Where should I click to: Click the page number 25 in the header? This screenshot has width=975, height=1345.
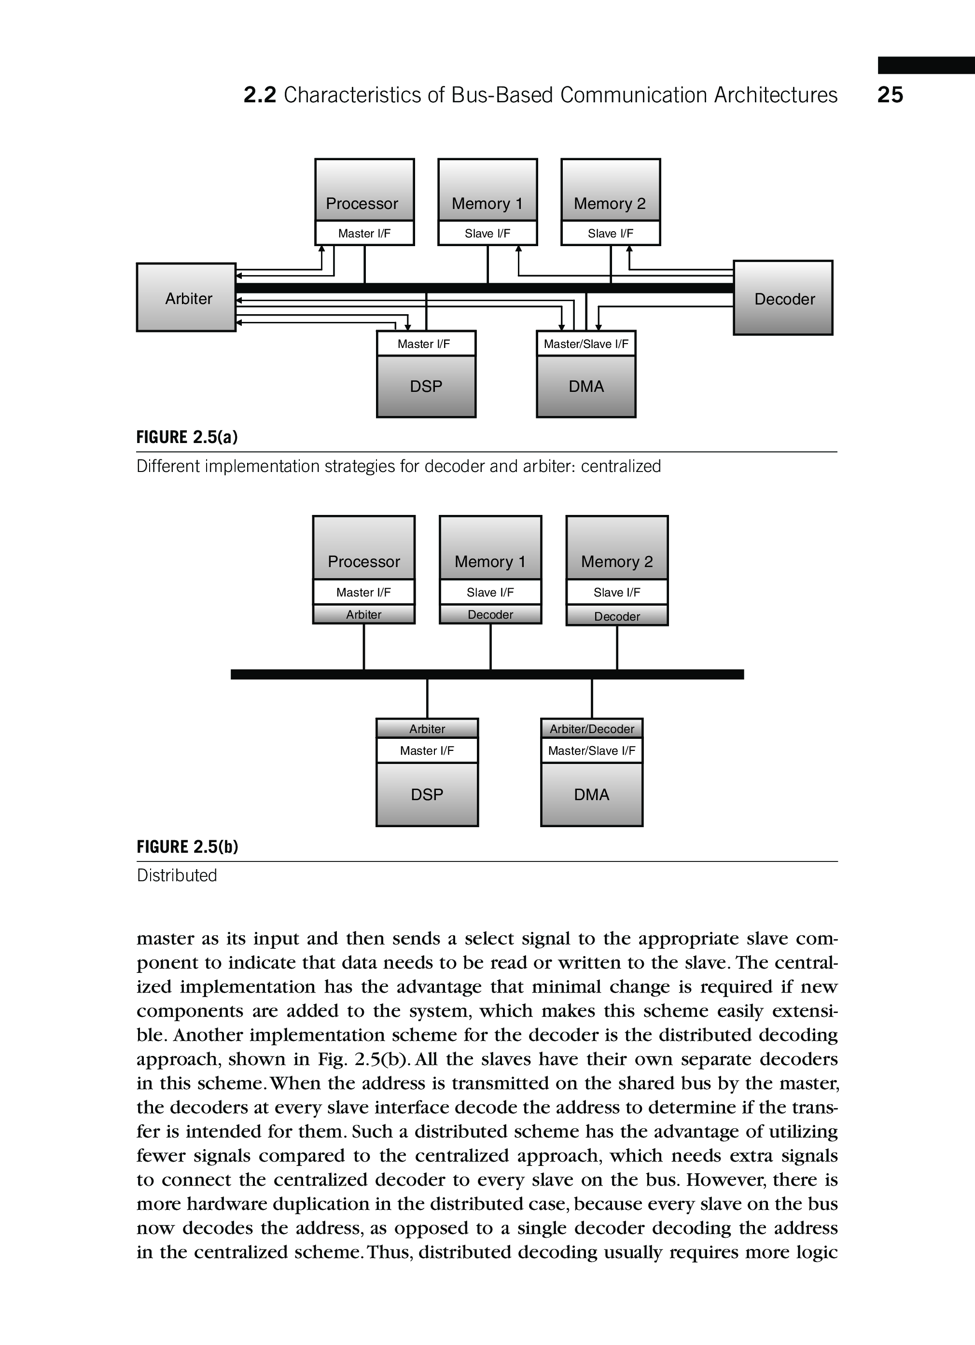[x=890, y=95]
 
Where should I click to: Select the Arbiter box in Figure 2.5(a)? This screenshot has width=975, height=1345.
[x=186, y=298]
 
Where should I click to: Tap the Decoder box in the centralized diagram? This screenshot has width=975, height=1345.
[x=783, y=298]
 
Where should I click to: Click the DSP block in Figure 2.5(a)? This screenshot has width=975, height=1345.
[x=426, y=386]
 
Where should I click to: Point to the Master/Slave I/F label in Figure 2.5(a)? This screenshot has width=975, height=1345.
[x=586, y=344]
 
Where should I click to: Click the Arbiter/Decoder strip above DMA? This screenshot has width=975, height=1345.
[x=591, y=728]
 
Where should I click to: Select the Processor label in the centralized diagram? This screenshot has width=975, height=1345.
[x=362, y=203]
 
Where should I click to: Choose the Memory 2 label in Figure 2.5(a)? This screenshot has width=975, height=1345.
[x=610, y=203]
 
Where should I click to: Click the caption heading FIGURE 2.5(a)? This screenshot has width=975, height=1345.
[x=187, y=437]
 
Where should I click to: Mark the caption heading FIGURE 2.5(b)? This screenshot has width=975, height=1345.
[x=187, y=846]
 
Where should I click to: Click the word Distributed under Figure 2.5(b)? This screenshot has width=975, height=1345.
[x=177, y=875]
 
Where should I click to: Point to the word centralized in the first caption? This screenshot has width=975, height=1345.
[x=620, y=466]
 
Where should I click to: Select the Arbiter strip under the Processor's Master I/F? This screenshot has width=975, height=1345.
[x=363, y=614]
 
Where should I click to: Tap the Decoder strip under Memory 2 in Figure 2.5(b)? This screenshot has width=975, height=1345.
[x=617, y=616]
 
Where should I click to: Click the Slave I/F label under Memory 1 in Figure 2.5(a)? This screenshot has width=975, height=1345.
[x=487, y=234]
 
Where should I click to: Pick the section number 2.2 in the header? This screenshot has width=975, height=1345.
[x=260, y=95]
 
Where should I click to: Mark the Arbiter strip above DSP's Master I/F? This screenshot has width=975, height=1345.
[x=427, y=728]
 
